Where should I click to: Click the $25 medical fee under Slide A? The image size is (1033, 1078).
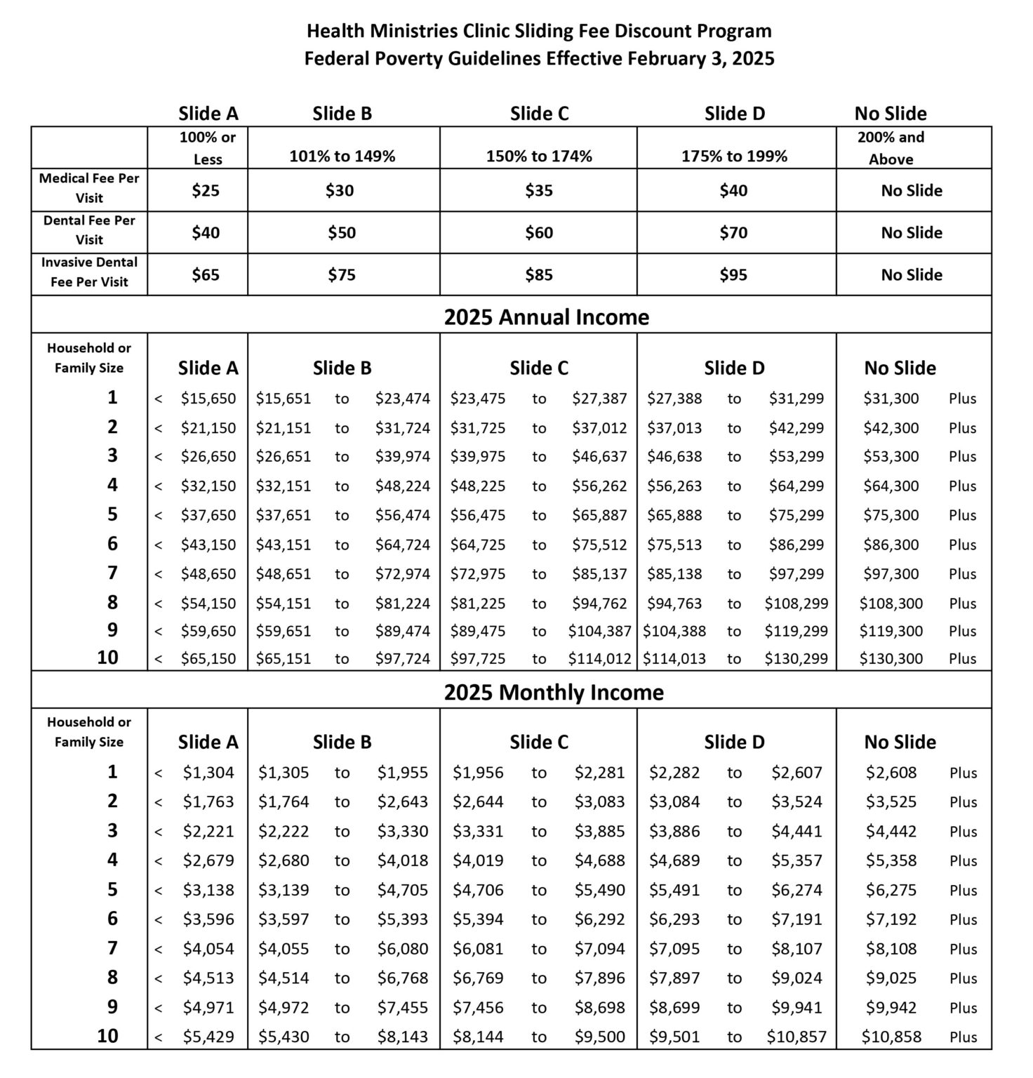tap(206, 191)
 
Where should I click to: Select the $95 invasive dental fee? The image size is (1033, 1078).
tap(733, 275)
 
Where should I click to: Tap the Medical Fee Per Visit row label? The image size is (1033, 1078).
tap(89, 188)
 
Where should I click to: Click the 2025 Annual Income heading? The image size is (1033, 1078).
tap(546, 317)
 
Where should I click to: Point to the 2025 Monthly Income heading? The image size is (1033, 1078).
tap(553, 693)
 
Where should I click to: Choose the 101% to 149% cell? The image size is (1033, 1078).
tap(342, 157)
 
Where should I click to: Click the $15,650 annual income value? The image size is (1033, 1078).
tap(208, 399)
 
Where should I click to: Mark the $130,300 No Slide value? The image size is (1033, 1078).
tap(891, 658)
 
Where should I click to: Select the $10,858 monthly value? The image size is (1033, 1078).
tap(891, 1037)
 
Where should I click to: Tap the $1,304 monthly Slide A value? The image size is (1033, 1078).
tap(208, 773)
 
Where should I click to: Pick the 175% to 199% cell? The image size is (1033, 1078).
tap(734, 157)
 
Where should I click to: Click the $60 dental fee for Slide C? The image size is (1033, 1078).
tap(539, 233)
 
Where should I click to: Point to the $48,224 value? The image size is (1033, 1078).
tap(402, 486)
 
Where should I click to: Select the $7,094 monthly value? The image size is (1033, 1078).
tap(599, 949)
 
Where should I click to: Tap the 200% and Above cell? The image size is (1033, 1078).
tap(891, 148)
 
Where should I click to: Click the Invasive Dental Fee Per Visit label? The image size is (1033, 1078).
tap(89, 272)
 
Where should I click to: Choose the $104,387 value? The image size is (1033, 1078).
tap(599, 631)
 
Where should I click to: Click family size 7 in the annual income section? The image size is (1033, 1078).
tap(112, 573)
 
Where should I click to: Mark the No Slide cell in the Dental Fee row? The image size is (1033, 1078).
tap(911, 233)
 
